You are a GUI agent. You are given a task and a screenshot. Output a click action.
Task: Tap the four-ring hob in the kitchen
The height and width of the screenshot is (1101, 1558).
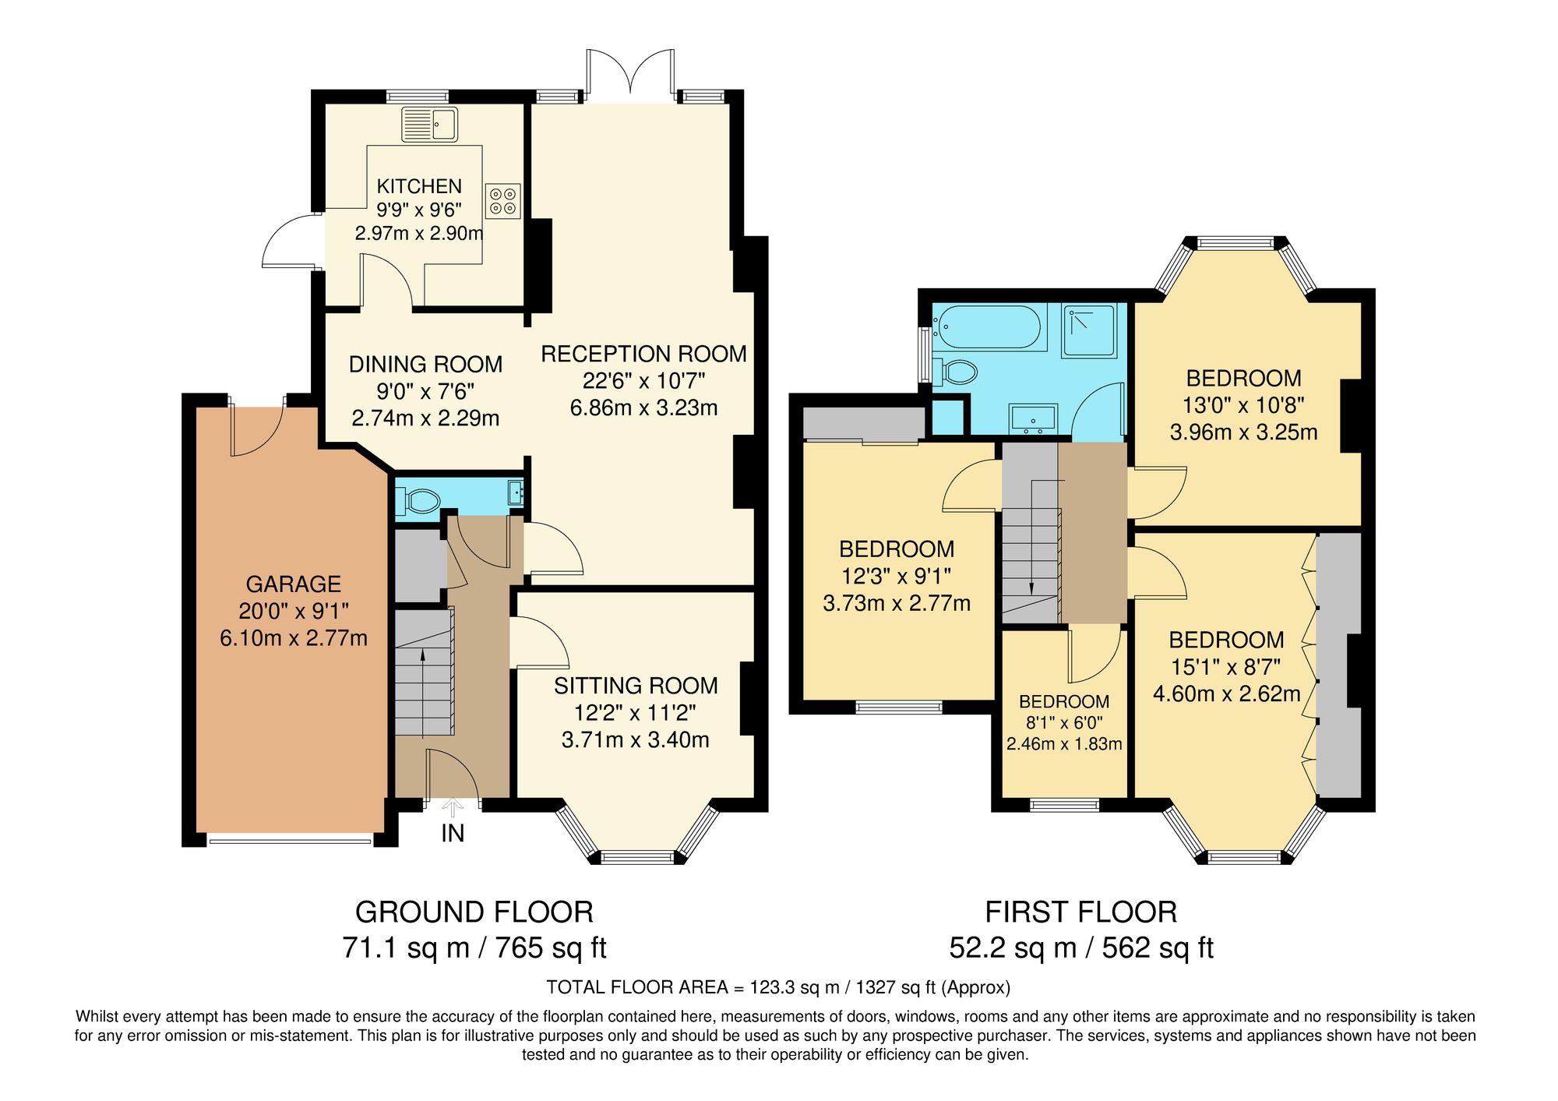tap(502, 201)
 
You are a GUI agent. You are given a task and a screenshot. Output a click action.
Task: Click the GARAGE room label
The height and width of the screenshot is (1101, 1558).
tap(294, 584)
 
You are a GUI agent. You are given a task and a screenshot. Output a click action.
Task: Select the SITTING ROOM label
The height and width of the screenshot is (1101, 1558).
tap(636, 686)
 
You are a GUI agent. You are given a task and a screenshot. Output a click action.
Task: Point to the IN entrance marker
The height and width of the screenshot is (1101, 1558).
tap(453, 833)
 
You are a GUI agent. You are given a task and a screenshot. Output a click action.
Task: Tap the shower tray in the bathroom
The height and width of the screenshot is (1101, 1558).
tap(1088, 330)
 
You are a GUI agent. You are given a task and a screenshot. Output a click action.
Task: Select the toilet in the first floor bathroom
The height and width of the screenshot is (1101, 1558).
tap(955, 372)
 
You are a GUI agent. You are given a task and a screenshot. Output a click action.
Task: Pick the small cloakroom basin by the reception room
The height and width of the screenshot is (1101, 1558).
tap(516, 492)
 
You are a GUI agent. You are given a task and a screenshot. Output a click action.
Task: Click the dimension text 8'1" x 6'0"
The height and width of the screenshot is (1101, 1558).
tap(1064, 723)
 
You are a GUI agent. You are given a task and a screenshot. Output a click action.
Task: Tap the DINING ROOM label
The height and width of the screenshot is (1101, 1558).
tap(425, 364)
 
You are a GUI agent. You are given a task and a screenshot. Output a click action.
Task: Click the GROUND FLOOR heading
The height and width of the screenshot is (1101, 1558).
tap(474, 912)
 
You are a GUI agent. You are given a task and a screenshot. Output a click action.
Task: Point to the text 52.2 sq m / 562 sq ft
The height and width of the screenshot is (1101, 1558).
tap(1080, 948)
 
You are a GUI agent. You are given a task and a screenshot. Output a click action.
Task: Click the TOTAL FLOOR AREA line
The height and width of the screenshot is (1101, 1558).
tap(777, 987)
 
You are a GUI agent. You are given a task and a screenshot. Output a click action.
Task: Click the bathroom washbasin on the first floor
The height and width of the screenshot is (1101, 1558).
tap(1033, 418)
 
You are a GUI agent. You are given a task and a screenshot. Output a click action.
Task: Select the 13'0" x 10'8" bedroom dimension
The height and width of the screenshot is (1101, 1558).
tap(1243, 405)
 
